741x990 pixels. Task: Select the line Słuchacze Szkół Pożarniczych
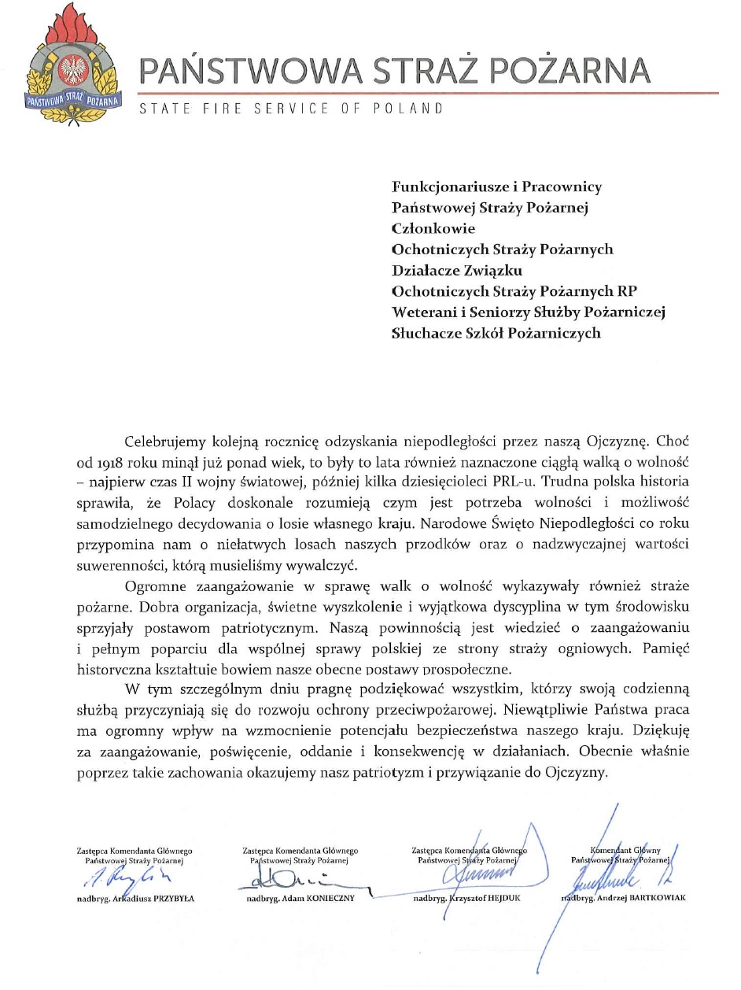coord(496,333)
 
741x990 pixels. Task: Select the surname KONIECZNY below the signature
coord(323,898)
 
